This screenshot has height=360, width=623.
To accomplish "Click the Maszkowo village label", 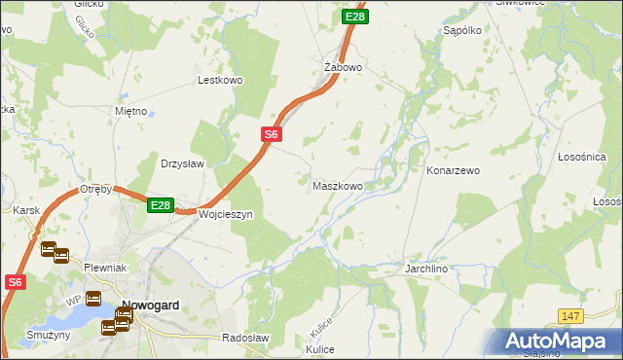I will [x=338, y=185].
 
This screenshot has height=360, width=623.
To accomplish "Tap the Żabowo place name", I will [x=343, y=67].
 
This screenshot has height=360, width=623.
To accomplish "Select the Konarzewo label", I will [x=454, y=170].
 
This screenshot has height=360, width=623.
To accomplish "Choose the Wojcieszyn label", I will [x=225, y=214].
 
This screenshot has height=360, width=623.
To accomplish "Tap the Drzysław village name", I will [x=182, y=163].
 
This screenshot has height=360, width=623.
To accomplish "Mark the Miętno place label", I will [x=130, y=111].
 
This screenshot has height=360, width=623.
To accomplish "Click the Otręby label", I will [x=96, y=188].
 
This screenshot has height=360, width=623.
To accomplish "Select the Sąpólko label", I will [x=462, y=31].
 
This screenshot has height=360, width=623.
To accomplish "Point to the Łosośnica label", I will [x=582, y=157].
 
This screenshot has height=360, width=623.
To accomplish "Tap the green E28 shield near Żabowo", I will [x=355, y=17].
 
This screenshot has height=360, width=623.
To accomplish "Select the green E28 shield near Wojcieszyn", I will [x=161, y=205].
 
